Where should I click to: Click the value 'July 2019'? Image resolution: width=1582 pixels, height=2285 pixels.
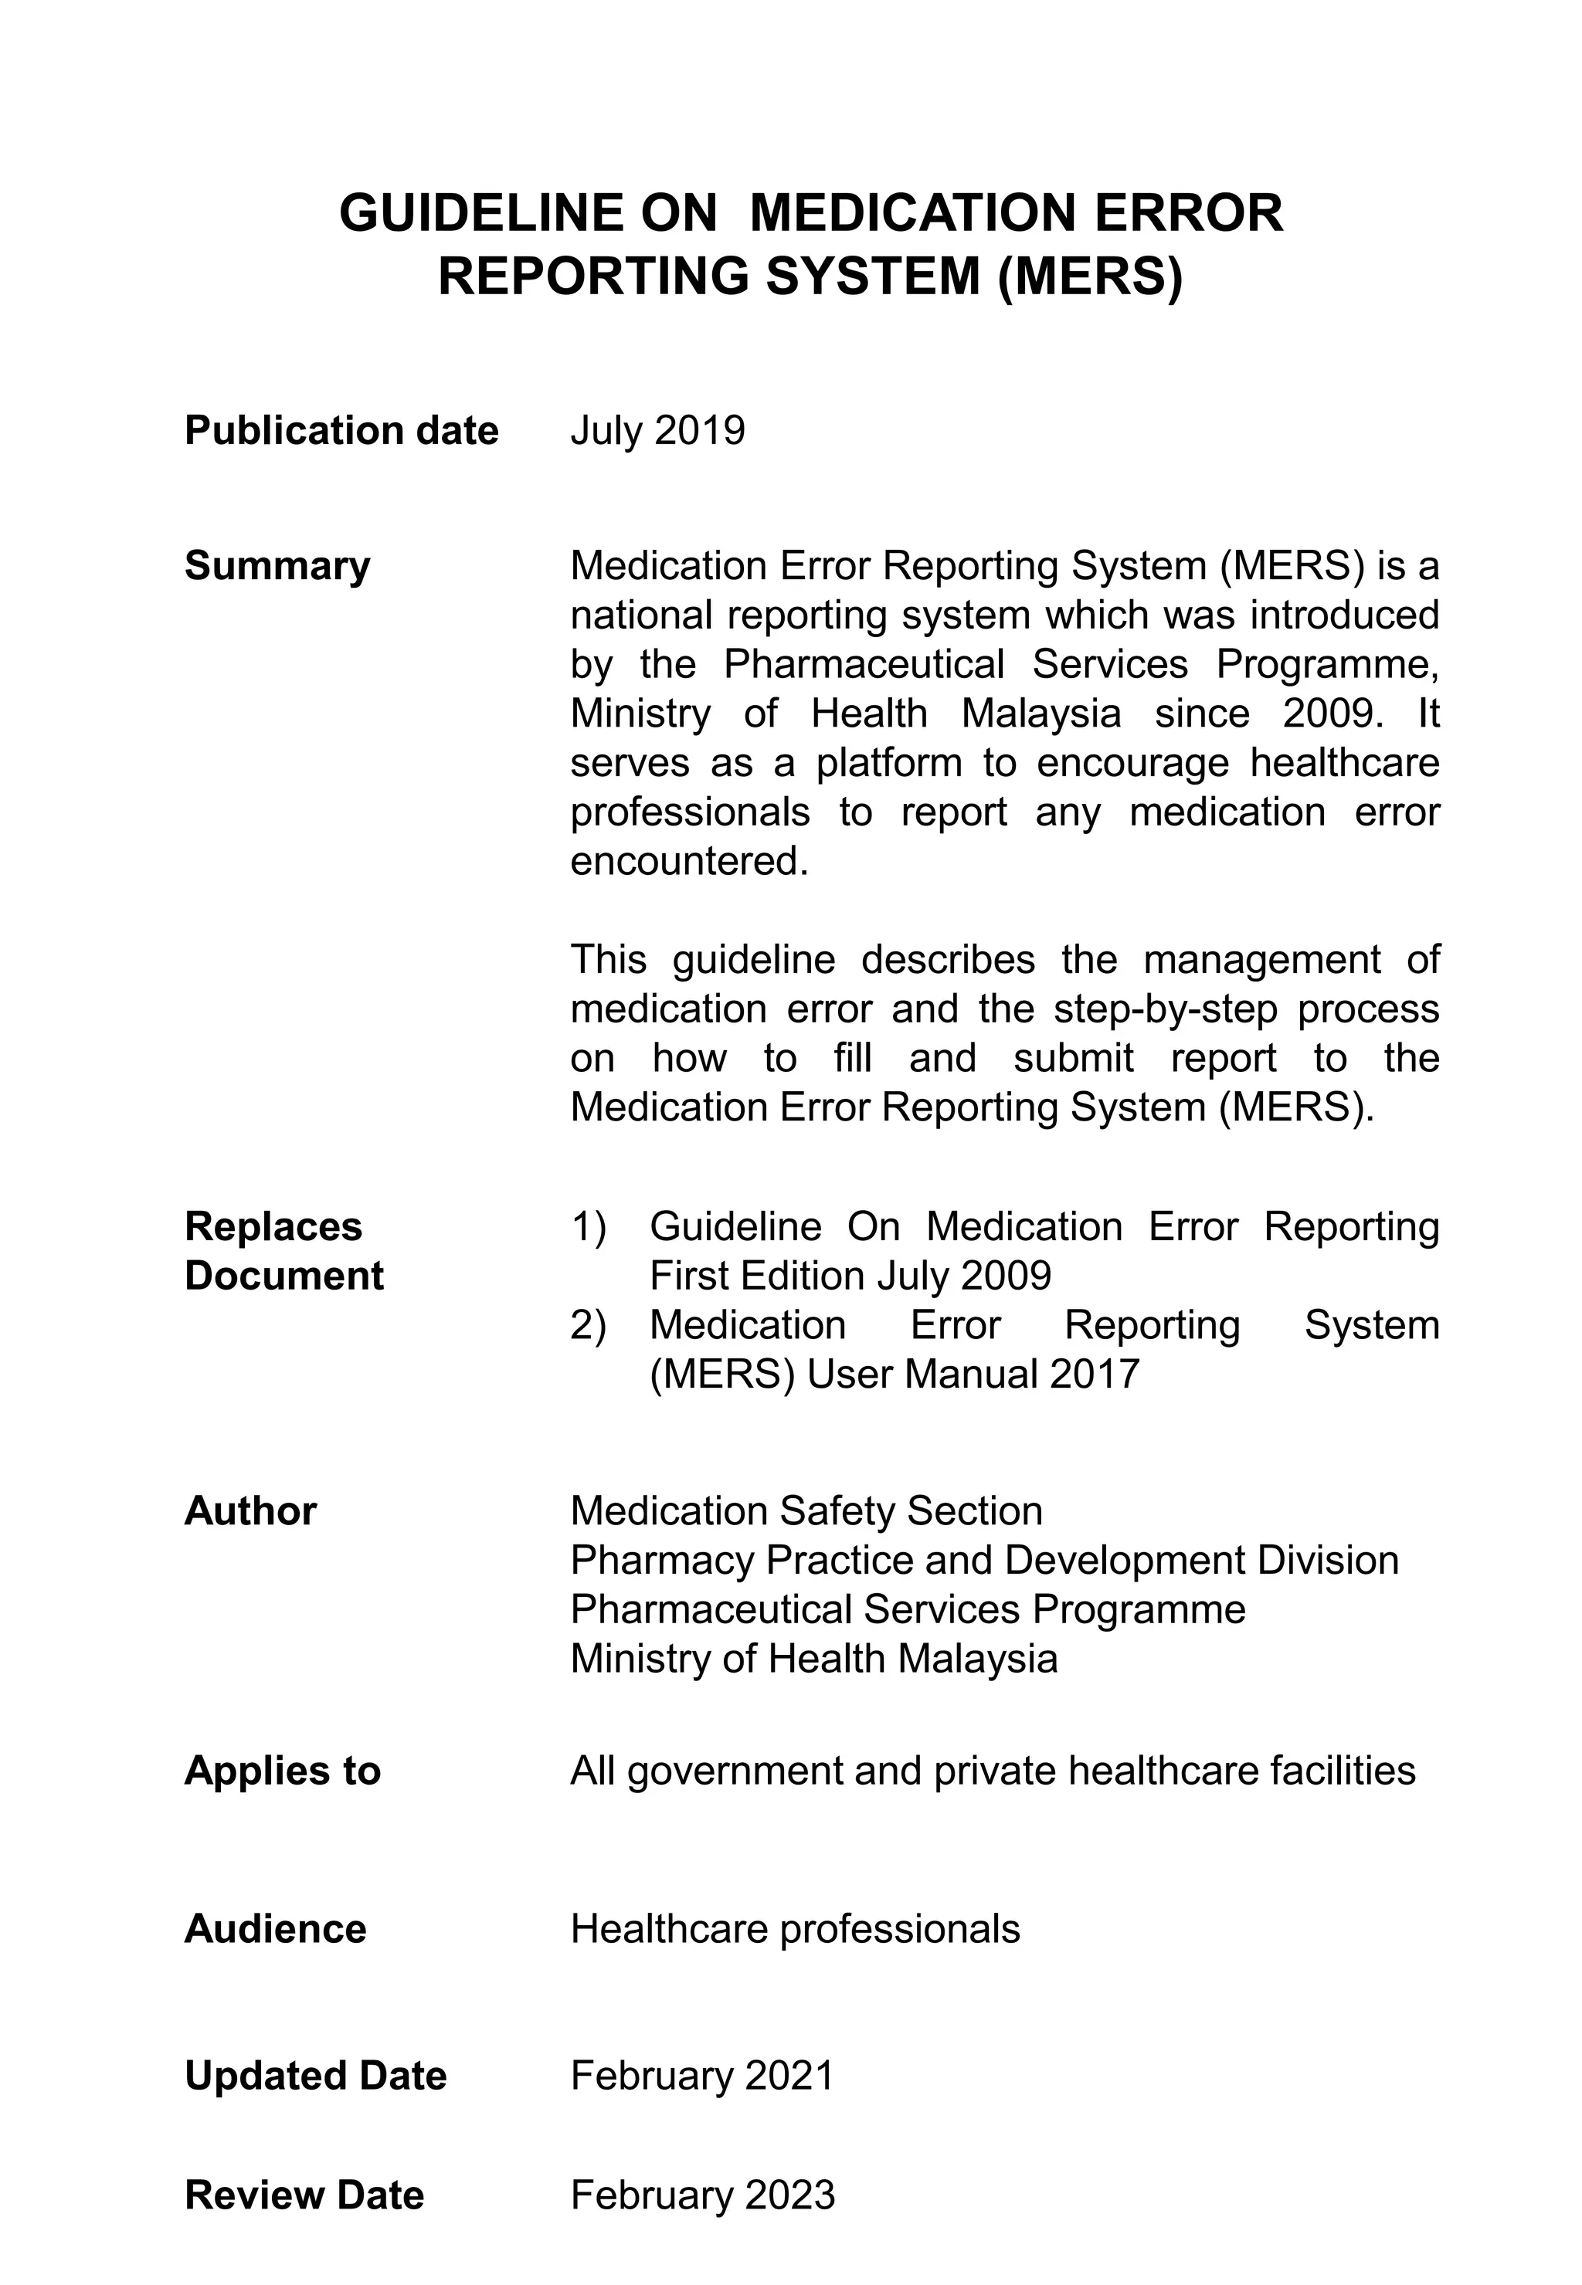pyautogui.click(x=657, y=431)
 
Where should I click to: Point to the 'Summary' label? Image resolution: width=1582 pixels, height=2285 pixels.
pyautogui.click(x=277, y=566)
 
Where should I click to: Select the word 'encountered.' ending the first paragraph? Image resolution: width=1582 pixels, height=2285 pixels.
pyautogui.click(x=690, y=861)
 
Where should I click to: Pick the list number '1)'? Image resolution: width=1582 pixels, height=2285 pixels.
pyautogui.click(x=588, y=1227)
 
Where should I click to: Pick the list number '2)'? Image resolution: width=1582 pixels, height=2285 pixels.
pyautogui.click(x=588, y=1325)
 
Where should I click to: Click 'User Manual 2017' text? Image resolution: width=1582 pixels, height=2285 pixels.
pyautogui.click(x=973, y=1375)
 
